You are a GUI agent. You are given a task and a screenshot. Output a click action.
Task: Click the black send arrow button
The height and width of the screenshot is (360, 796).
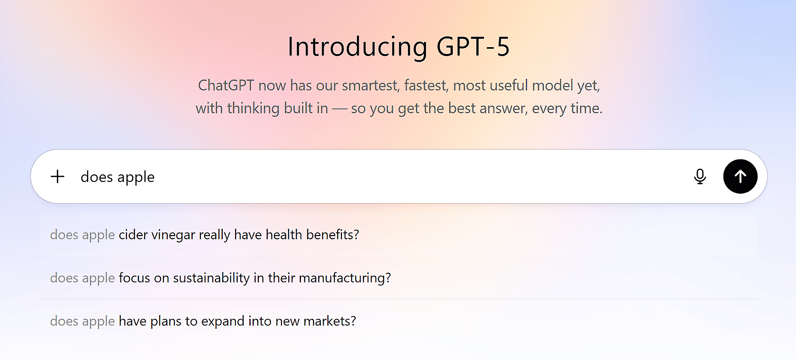point(740,176)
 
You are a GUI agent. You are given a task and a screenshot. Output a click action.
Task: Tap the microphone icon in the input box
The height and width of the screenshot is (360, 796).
point(700,176)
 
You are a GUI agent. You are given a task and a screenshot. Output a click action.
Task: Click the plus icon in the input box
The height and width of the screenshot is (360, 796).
point(58,176)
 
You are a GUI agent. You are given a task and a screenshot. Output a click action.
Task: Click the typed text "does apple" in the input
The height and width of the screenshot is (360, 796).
point(117,177)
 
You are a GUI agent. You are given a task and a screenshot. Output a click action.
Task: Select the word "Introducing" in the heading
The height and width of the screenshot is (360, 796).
point(358,47)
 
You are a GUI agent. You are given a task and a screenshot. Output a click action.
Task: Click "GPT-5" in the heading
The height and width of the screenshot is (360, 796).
point(473,47)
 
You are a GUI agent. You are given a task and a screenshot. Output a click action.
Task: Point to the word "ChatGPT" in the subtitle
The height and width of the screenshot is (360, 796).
point(226,85)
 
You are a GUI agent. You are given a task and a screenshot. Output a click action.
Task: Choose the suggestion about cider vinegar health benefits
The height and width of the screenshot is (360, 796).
point(204,235)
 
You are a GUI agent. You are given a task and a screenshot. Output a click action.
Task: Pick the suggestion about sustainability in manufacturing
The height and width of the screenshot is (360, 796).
point(220,278)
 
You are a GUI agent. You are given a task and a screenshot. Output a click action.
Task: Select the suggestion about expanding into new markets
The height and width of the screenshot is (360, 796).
point(203,321)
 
